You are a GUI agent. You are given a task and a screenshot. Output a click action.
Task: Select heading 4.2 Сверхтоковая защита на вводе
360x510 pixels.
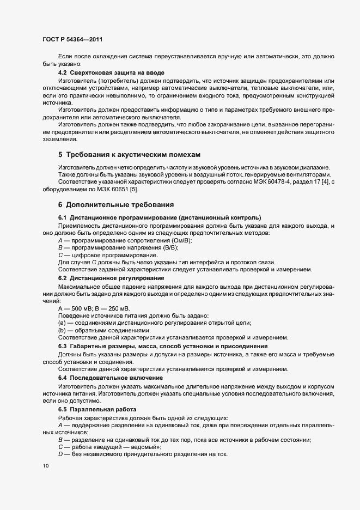111,72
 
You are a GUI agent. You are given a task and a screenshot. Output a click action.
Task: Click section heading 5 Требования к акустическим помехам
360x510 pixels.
129,154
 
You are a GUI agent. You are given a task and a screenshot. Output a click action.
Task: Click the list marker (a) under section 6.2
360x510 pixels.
62,323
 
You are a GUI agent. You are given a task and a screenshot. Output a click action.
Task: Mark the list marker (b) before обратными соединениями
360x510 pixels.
62,331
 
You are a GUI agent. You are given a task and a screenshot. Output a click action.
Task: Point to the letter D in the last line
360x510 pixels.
60,454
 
